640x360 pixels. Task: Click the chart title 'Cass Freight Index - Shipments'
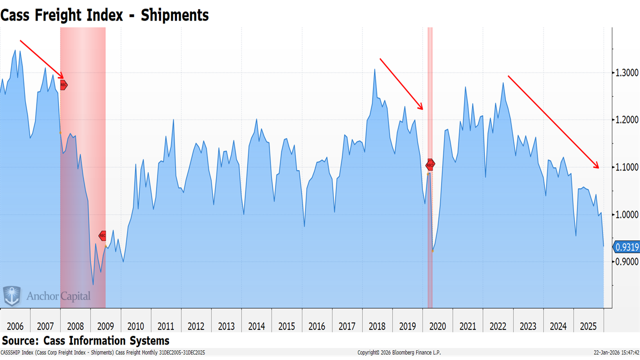pyautogui.click(x=104, y=15)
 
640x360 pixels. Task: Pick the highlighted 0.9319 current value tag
pyautogui.click(x=626, y=246)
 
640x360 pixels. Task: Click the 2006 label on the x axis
pyautogui.click(x=15, y=326)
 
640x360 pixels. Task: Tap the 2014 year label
pyautogui.click(x=256, y=326)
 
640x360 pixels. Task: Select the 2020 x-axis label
pyautogui.click(x=437, y=326)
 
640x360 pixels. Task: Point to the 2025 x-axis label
pyautogui.click(x=588, y=326)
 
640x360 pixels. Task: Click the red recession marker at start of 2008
pyautogui.click(x=63, y=85)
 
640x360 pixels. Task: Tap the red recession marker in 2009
pyautogui.click(x=102, y=235)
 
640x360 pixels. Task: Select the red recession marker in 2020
pyautogui.click(x=430, y=164)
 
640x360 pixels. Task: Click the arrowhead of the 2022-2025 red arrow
pyautogui.click(x=598, y=167)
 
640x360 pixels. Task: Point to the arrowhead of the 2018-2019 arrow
pyautogui.click(x=422, y=108)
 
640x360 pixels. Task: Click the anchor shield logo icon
pyautogui.click(x=12, y=296)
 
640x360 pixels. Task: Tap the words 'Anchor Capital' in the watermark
pyautogui.click(x=58, y=296)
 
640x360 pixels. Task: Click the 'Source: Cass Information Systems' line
pyautogui.click(x=85, y=341)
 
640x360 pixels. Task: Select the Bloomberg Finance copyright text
pyautogui.click(x=399, y=352)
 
